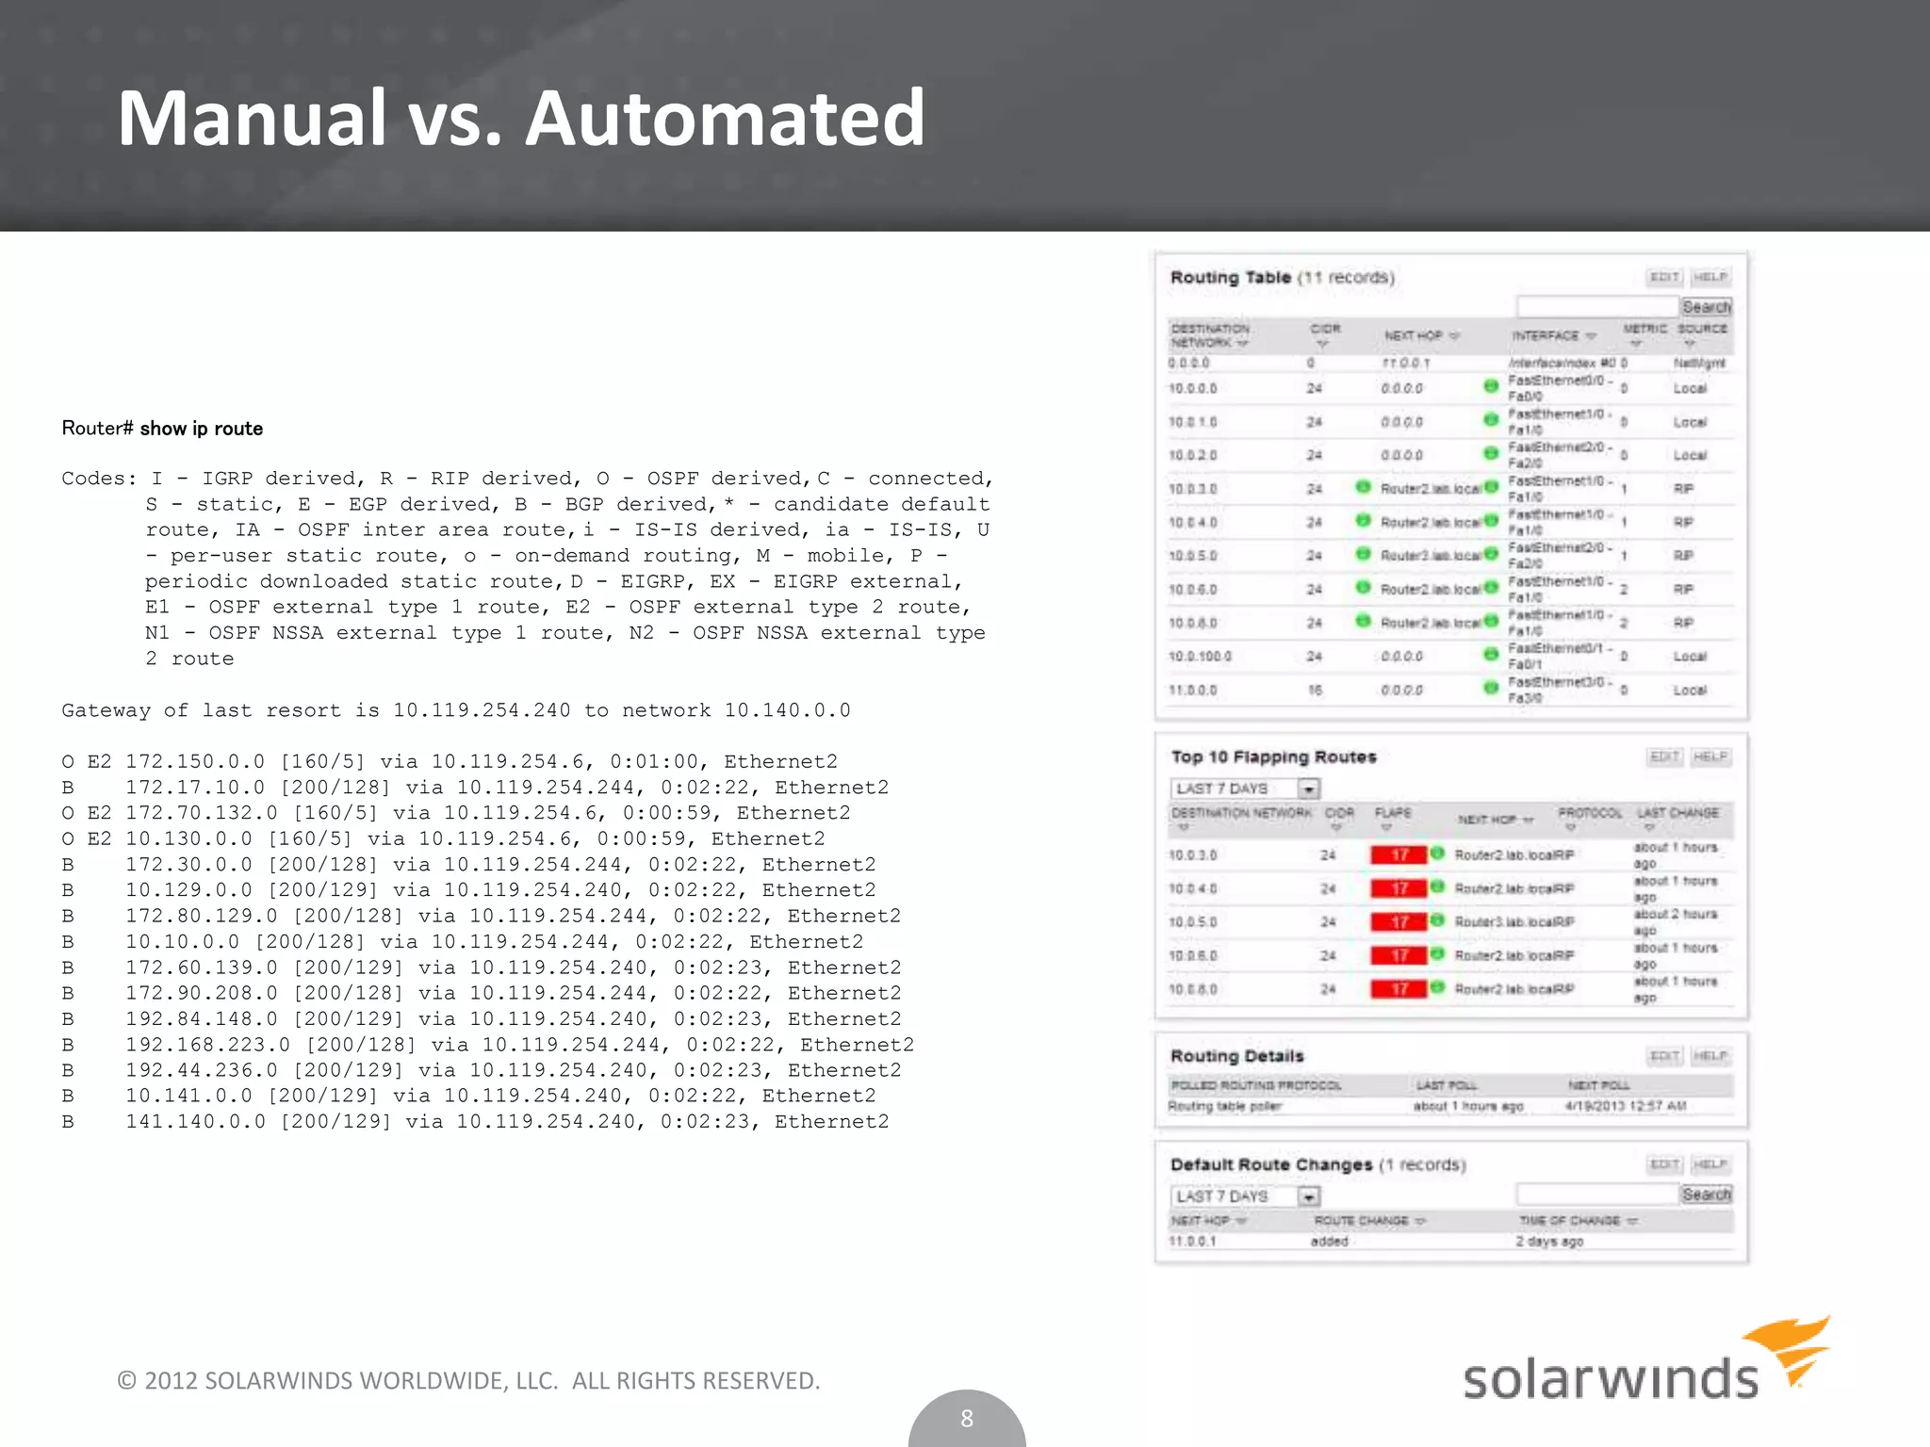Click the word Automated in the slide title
[724, 118]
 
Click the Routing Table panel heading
[1230, 277]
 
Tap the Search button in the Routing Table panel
[1706, 307]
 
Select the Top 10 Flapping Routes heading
[1272, 756]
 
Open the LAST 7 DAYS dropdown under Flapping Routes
[1308, 789]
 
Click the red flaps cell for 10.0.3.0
[1399, 854]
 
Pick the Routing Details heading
[1236, 1056]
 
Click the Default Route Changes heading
[1270, 1164]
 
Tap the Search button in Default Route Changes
[1706, 1195]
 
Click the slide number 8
[966, 1418]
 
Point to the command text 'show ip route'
[201, 429]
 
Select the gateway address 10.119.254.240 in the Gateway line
[482, 710]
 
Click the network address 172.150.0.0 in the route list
[195, 761]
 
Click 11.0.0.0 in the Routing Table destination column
[1192, 690]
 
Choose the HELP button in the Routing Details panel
[1709, 1056]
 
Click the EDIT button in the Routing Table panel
[1664, 277]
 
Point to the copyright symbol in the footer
[126, 1381]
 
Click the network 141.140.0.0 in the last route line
[195, 1122]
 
